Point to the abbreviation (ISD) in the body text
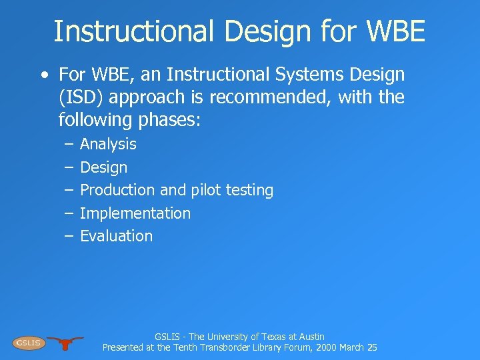point(81,97)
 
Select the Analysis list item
point(108,144)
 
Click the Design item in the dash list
point(103,167)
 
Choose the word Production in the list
point(117,190)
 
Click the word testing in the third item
point(249,190)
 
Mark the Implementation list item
point(135,213)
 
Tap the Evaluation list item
point(116,236)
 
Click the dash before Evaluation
point(69,236)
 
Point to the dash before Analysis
point(69,144)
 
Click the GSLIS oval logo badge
point(28,343)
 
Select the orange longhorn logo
point(65,343)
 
